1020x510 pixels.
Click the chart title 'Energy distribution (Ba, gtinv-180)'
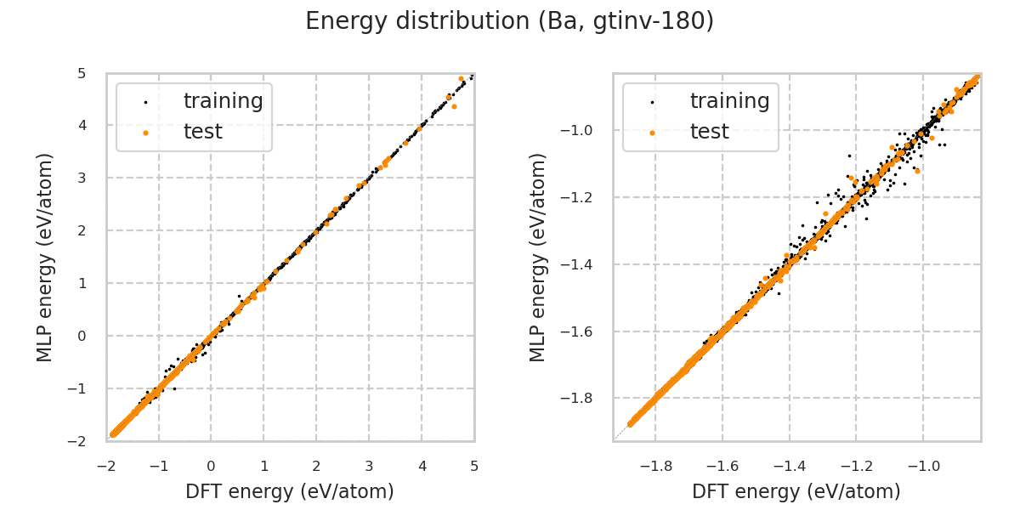pos(509,21)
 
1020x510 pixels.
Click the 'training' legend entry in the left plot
pos(223,101)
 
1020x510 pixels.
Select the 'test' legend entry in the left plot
pos(202,132)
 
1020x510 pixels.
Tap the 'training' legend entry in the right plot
pos(729,101)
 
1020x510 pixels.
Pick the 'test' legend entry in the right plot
pos(709,132)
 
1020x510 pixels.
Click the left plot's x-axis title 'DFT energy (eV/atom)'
pos(290,491)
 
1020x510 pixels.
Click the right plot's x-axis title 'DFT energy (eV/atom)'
pos(796,491)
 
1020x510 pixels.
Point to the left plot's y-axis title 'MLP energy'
pos(45,257)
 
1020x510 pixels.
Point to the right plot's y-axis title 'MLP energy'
pos(538,257)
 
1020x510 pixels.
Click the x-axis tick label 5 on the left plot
pos(474,466)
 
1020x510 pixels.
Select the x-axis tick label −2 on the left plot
pos(105,466)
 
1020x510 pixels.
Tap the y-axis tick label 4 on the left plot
pos(82,126)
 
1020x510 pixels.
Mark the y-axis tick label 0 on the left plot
pos(82,336)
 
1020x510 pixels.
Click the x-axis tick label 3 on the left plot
pos(369,466)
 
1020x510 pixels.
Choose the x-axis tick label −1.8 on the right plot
pos(654,466)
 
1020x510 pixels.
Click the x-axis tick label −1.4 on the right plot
pos(788,466)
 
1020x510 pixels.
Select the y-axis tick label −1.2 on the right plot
pos(581,197)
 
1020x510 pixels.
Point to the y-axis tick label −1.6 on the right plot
pos(581,331)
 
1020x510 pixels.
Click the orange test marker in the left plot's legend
pos(145,133)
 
